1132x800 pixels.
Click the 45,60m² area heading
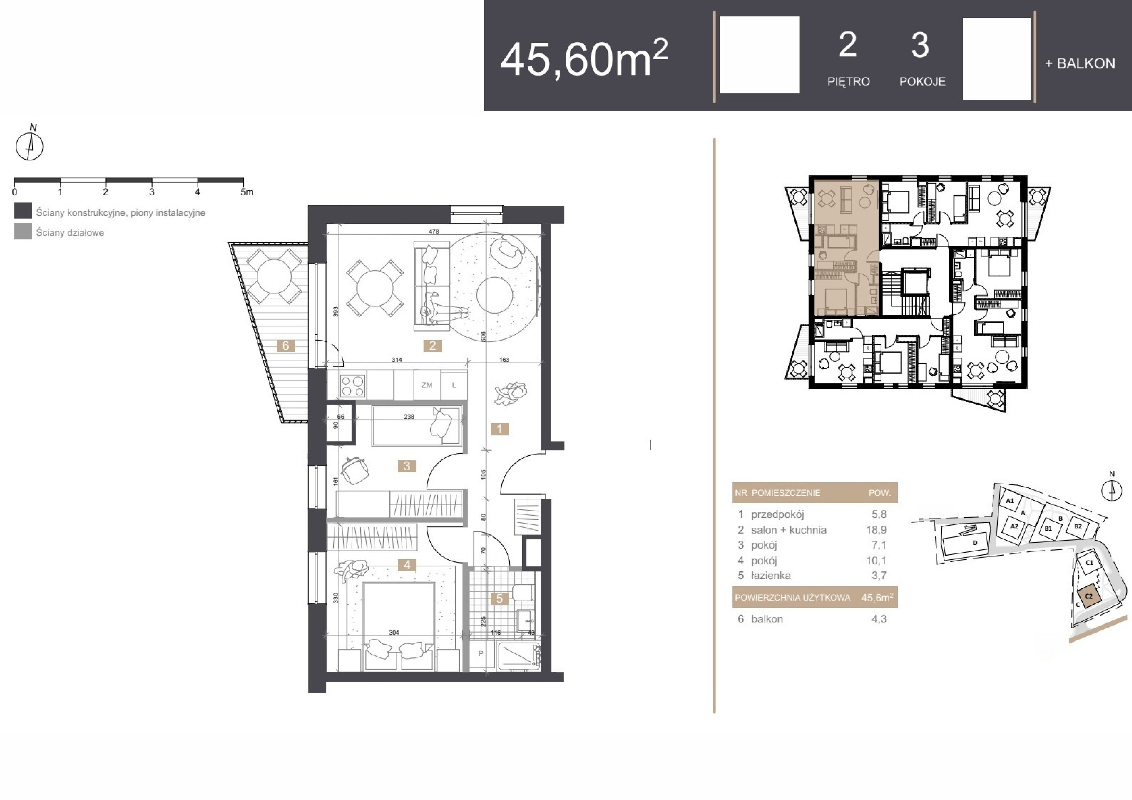(584, 58)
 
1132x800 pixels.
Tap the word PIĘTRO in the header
(848, 81)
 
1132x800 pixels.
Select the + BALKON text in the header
(1080, 64)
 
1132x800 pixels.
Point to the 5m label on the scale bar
(247, 192)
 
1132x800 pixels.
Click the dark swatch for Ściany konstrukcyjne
(23, 211)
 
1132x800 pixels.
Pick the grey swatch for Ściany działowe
(23, 232)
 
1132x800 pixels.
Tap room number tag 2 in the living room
(432, 346)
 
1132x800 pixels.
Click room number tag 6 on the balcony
(286, 346)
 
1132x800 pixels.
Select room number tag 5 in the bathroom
(500, 599)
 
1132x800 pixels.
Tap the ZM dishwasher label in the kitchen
(427, 385)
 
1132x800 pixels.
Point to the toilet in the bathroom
(522, 592)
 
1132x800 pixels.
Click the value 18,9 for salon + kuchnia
(876, 530)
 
